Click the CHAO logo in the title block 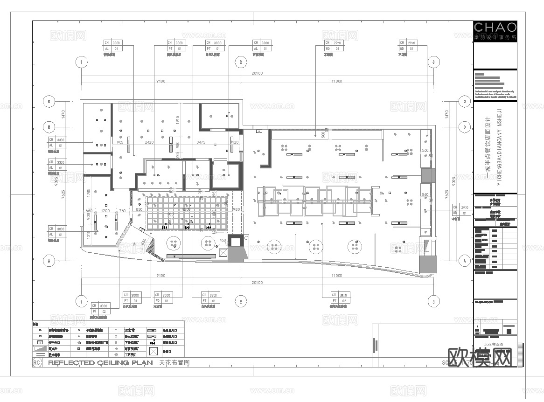click(495, 27)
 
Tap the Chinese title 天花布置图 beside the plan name click(174, 362)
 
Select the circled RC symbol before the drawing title click(37, 362)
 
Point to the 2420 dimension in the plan click(150, 142)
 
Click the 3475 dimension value click(201, 142)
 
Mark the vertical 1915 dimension click(177, 120)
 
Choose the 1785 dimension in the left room click(88, 191)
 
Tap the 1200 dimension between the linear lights click(105, 211)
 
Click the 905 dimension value click(120, 142)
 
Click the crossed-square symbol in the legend click(153, 350)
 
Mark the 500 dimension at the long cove click(322, 134)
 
